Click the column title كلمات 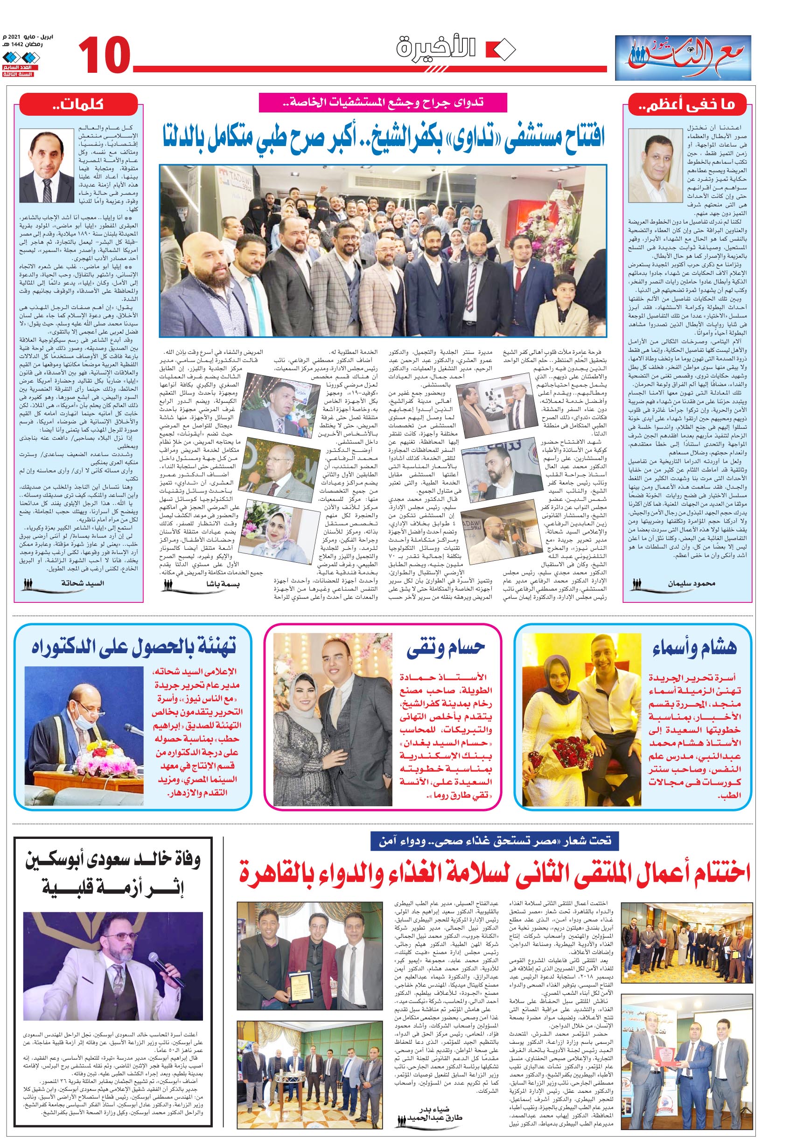point(79,105)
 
